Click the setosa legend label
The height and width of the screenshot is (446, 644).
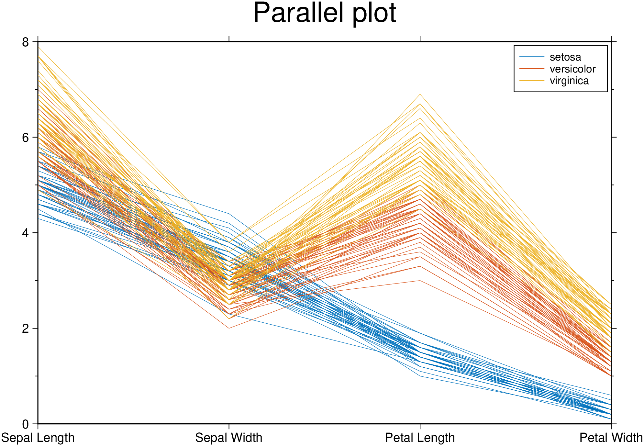coord(565,57)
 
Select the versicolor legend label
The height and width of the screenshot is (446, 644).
coord(572,69)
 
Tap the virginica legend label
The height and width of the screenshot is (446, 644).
coord(569,81)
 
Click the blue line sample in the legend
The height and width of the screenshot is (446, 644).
coord(532,57)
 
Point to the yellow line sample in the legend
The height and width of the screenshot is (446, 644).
coord(532,81)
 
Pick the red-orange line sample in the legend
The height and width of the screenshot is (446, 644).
coord(532,69)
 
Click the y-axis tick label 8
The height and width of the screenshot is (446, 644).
coord(25,42)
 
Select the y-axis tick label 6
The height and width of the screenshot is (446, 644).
coord(25,138)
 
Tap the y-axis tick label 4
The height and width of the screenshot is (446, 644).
coord(25,233)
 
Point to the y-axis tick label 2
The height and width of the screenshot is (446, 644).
coord(25,329)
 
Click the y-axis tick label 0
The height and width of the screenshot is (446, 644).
coord(25,424)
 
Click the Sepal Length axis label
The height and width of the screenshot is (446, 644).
coord(38,438)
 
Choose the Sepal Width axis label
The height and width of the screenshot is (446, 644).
coord(229,438)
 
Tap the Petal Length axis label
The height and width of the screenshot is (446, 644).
coord(420,438)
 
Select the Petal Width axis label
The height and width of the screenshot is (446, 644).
coord(611,438)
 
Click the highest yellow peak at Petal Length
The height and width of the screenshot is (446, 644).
coord(420,94)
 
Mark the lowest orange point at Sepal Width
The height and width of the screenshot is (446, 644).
coord(229,328)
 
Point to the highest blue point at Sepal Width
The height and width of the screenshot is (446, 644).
coord(229,214)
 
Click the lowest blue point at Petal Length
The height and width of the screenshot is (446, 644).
coord(420,376)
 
